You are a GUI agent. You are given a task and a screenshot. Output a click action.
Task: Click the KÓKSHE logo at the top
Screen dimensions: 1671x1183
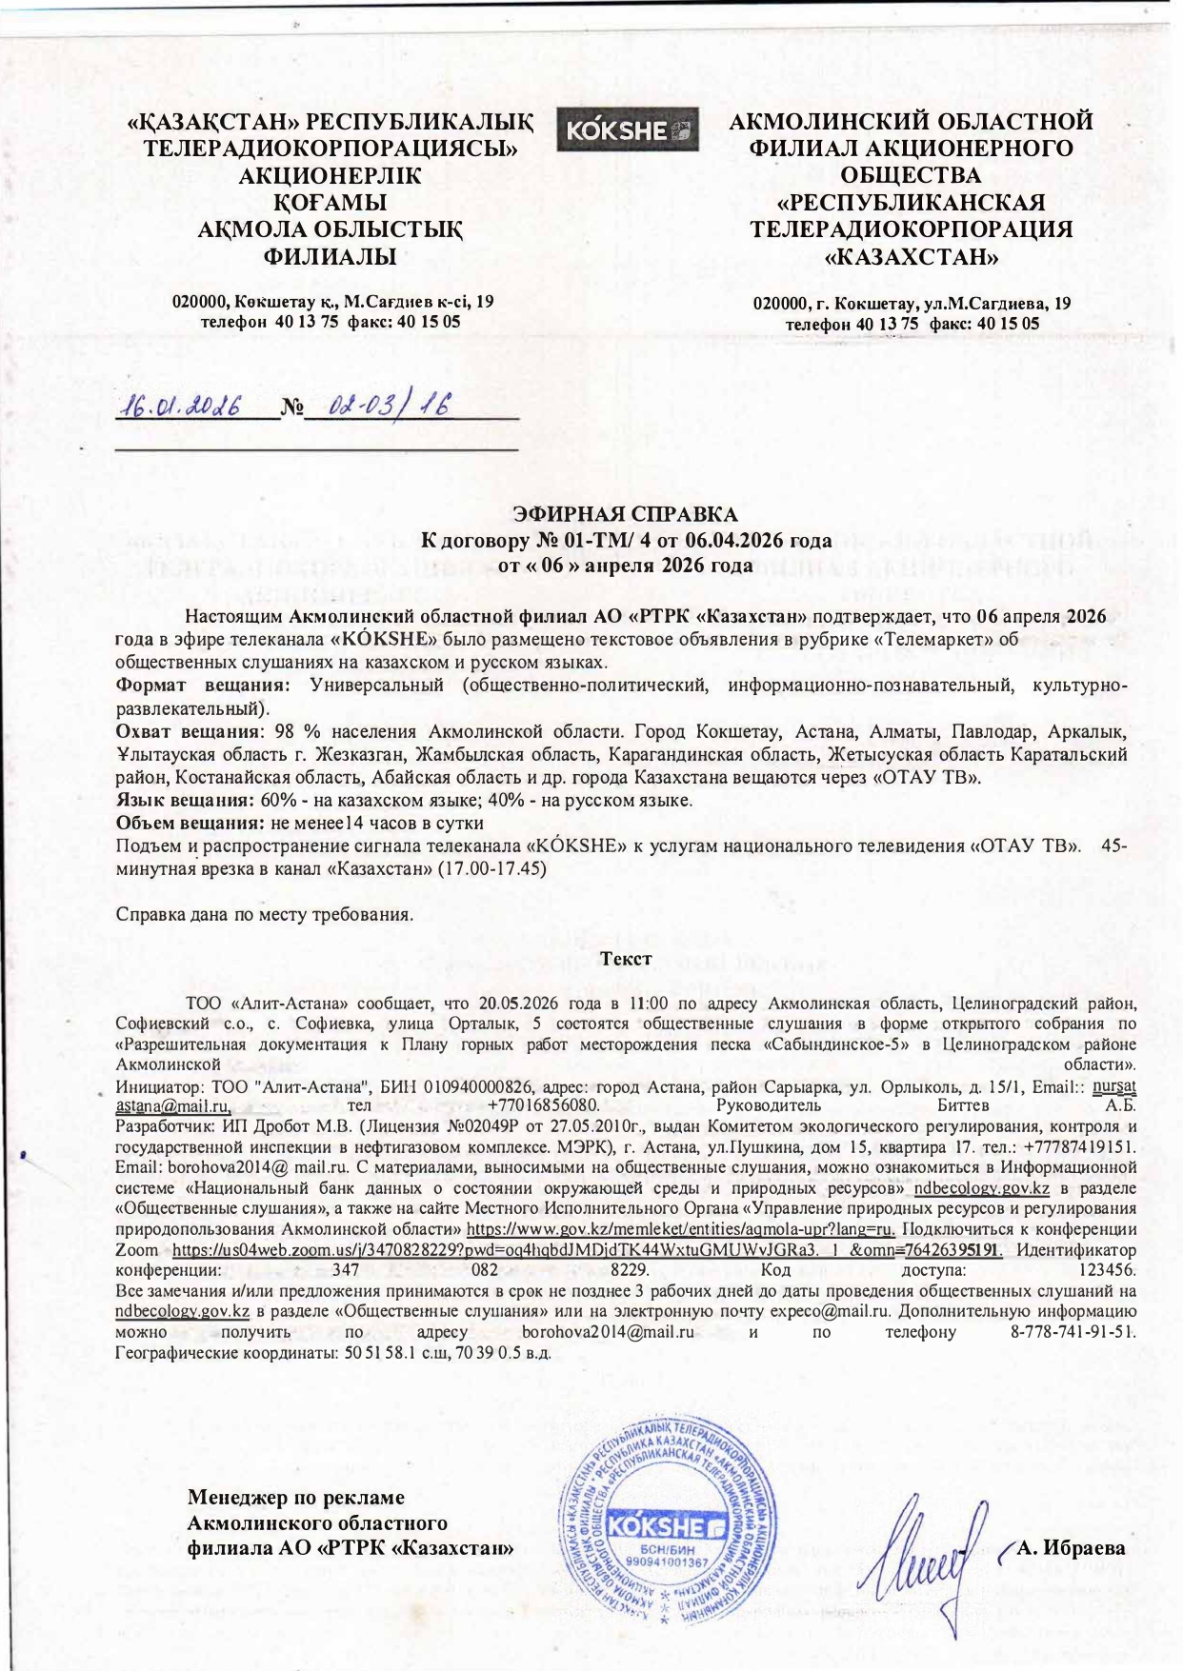coord(627,130)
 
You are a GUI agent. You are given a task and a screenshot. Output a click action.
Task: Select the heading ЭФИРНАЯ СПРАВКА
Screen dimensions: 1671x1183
coord(625,514)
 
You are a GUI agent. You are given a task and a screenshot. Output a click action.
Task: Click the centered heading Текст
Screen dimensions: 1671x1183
coord(626,959)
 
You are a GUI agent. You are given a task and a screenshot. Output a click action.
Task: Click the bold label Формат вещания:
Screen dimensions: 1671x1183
coord(201,686)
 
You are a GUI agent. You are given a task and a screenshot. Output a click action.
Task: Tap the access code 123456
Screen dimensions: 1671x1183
coord(1105,1270)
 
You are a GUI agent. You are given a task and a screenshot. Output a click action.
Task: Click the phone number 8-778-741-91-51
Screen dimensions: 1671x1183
coord(1073,1332)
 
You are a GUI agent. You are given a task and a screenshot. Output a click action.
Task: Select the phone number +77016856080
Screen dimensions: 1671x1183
coord(544,1106)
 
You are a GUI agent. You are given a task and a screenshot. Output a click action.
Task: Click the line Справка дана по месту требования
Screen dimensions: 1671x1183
coord(265,914)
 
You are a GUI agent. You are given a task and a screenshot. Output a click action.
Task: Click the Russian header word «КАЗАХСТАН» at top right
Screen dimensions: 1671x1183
coord(911,257)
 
